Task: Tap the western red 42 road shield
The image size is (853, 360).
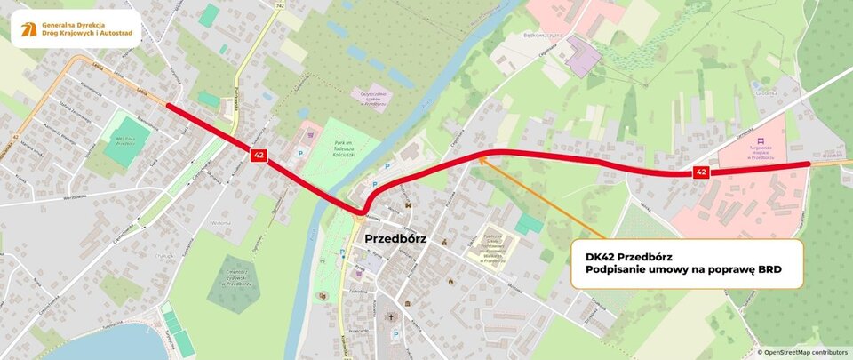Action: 257,156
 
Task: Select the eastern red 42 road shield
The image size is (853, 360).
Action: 702,171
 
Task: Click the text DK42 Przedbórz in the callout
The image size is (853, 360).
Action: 622,256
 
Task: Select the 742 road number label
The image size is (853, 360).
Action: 281,5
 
